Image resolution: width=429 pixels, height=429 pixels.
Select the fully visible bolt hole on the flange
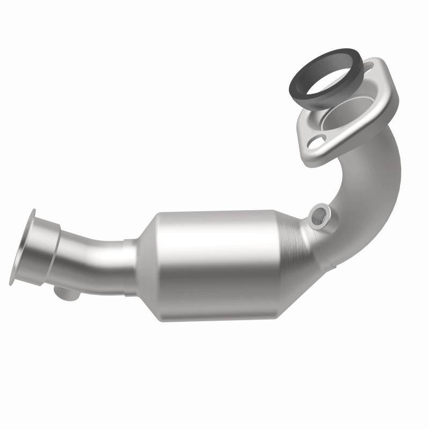[317, 143]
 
